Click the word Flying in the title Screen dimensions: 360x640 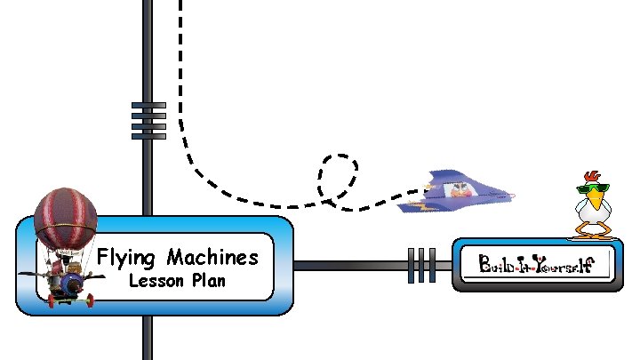124,259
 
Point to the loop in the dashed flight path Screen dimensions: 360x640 339,176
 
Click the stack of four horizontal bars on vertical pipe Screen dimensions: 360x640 148,120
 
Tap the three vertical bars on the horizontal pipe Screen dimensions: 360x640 421,265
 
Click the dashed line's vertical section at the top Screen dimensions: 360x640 180,53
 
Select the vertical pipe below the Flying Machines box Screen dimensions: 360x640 148,338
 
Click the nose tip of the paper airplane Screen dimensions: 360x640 513,195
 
